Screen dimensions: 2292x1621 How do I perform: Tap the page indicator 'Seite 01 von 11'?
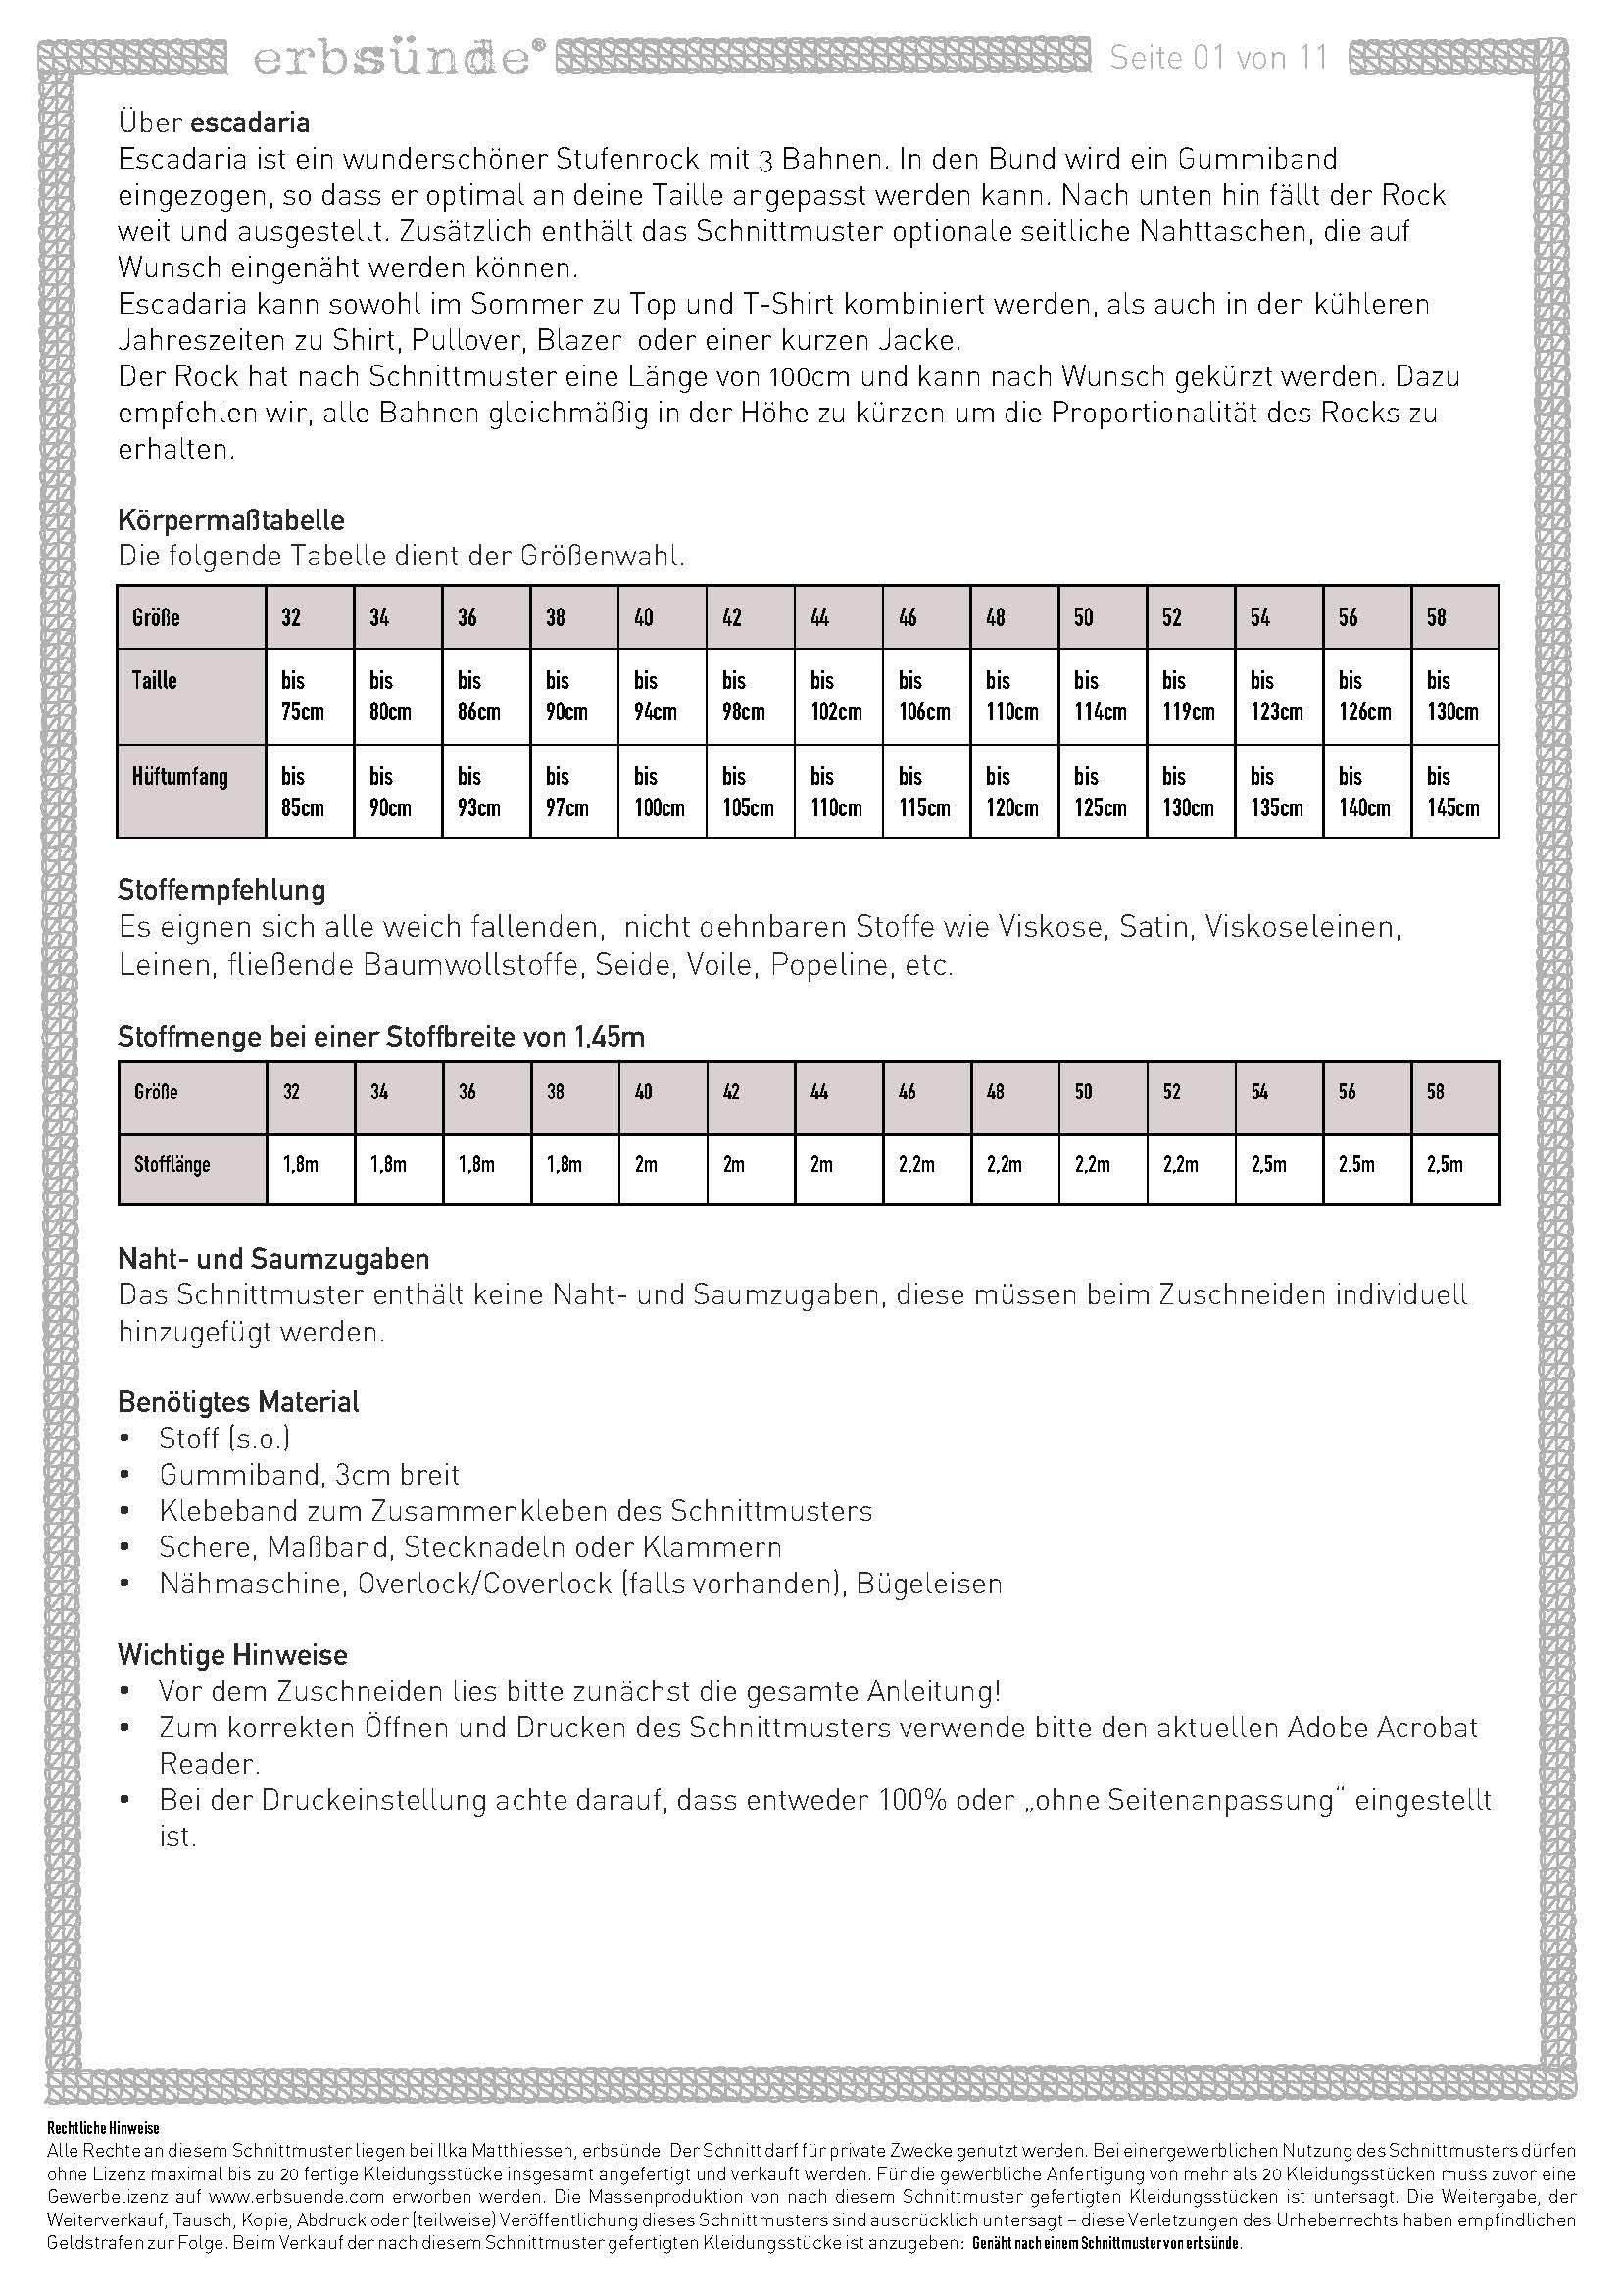[1219, 58]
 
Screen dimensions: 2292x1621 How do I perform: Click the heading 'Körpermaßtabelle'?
[230, 520]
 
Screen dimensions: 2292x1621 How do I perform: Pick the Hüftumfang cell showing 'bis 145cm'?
[1454, 792]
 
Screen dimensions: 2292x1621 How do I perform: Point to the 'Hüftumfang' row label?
[179, 776]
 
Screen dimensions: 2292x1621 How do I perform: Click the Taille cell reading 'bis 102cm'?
[837, 696]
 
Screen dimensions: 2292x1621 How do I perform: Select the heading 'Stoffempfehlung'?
[221, 890]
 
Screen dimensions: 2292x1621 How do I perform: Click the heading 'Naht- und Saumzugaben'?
[273, 1259]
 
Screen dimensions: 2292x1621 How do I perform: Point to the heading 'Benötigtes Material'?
[237, 1401]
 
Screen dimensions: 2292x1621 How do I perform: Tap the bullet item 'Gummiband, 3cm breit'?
[309, 1475]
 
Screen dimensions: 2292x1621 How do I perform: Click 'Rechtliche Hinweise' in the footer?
[103, 2129]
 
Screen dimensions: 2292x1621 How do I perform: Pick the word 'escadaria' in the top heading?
[250, 122]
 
